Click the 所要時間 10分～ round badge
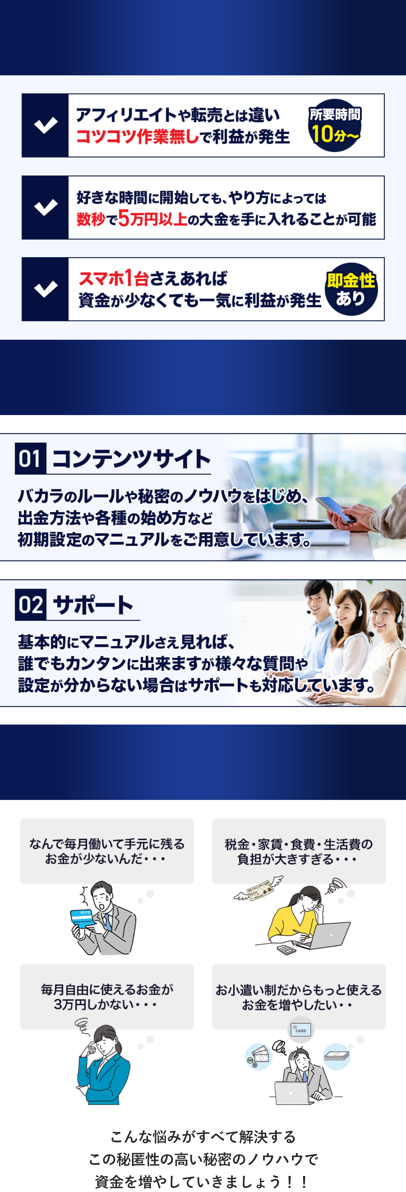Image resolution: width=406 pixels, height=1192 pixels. [x=335, y=125]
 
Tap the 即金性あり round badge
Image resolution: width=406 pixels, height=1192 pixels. [x=351, y=289]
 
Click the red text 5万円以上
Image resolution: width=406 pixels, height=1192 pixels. [x=153, y=218]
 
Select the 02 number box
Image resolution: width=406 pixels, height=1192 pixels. [x=30, y=604]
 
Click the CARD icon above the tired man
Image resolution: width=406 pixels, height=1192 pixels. [x=301, y=1030]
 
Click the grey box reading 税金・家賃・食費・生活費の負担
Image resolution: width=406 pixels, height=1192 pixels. [x=299, y=851]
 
